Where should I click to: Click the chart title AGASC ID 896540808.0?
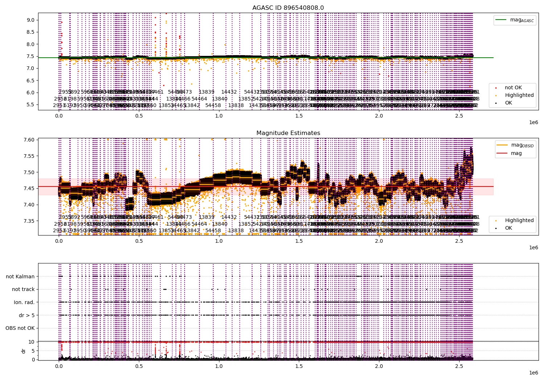[x=288, y=8]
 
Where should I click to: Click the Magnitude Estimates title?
[x=288, y=133]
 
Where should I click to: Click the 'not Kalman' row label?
[x=20, y=276]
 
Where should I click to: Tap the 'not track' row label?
[x=23, y=290]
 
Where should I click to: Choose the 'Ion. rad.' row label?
[x=24, y=303]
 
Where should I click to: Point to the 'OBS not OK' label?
[x=20, y=328]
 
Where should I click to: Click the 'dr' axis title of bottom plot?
[x=24, y=351]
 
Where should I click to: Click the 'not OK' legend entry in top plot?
[x=513, y=87]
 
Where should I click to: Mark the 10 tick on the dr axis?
[x=32, y=342]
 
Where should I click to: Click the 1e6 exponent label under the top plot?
[x=533, y=122]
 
